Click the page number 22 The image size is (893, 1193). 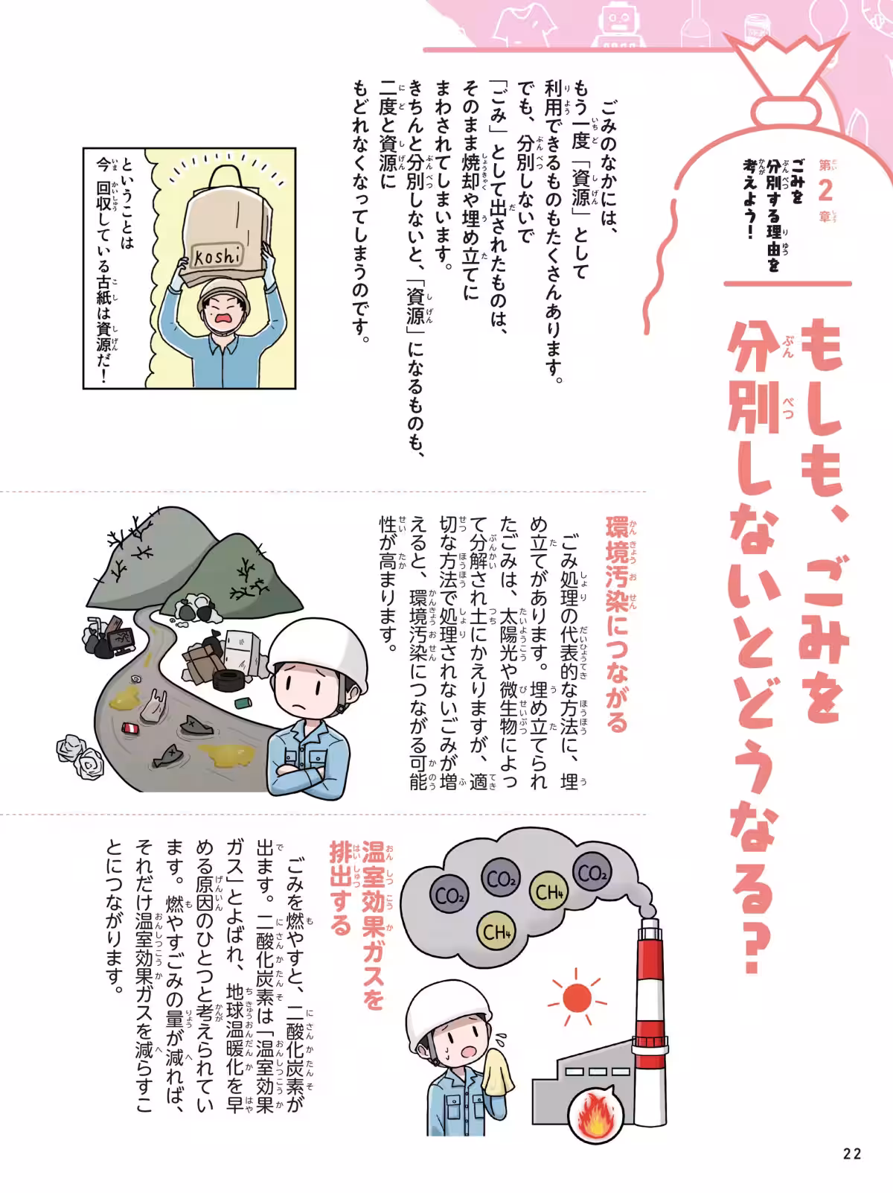click(852, 1154)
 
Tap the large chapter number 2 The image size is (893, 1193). click(825, 191)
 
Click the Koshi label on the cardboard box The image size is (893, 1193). click(217, 256)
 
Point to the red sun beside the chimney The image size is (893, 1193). click(576, 997)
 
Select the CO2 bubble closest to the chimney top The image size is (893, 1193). click(593, 873)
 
